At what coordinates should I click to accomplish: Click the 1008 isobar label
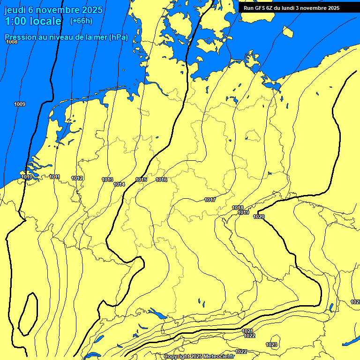pos(12,42)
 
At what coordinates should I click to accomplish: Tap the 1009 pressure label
pos(20,104)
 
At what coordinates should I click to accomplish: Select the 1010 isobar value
pos(27,177)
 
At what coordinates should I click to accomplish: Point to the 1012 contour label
pos(77,178)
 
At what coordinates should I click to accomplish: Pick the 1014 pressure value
pos(119,185)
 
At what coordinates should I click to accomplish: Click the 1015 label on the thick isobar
pos(141,180)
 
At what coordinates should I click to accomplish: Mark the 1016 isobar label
pos(161,180)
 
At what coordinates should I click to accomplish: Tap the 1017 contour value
pos(210,200)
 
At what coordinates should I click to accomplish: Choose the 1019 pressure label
pos(243,212)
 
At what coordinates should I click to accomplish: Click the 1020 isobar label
pos(259,217)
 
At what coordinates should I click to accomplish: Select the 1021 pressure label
pos(247,331)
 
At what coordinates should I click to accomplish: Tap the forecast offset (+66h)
pos(81,21)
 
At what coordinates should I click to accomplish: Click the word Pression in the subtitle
pos(20,37)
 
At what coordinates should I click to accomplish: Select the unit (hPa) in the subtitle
pos(118,37)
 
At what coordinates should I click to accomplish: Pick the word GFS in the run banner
pos(261,8)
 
